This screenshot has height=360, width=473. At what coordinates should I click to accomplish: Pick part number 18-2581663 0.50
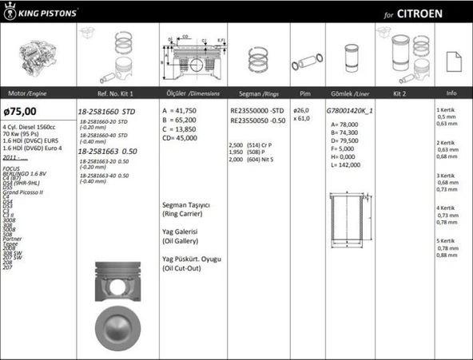click(x=108, y=150)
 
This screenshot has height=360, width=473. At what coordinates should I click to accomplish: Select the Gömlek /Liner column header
click(x=350, y=93)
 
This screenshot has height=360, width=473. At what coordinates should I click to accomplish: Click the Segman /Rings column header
click(x=256, y=93)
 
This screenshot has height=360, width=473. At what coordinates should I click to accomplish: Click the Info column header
click(x=451, y=93)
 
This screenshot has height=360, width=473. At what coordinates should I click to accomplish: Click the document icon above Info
click(x=451, y=59)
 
